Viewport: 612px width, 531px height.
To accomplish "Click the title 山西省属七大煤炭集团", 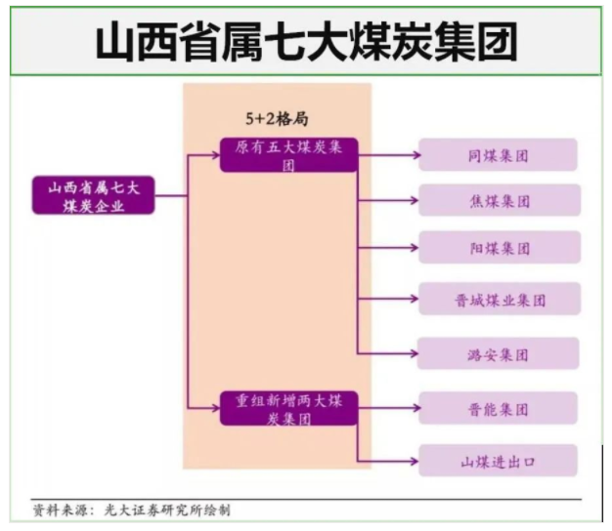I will (306, 42).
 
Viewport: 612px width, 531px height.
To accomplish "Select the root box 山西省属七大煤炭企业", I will (93, 195).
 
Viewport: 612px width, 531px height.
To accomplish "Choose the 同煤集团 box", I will (499, 155).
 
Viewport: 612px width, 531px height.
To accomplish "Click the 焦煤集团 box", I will (499, 201).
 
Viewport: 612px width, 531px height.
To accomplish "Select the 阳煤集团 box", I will (499, 248).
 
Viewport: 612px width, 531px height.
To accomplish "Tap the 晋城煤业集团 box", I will (499, 299).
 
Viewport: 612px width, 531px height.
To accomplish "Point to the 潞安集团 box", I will (499, 352).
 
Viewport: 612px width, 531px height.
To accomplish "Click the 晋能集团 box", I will (499, 408).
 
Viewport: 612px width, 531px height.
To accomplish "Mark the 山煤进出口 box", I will (499, 460).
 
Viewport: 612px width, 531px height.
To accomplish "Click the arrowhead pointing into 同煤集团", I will (414, 155).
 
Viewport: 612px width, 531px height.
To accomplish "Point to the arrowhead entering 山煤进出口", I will (414, 460).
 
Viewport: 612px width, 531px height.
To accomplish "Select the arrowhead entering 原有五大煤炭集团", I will (216, 155).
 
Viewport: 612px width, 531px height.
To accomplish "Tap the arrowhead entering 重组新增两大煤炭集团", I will (216, 408).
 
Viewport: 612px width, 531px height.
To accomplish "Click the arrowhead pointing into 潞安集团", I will (414, 352).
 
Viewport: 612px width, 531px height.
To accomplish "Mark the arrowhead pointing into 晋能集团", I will (414, 408).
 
